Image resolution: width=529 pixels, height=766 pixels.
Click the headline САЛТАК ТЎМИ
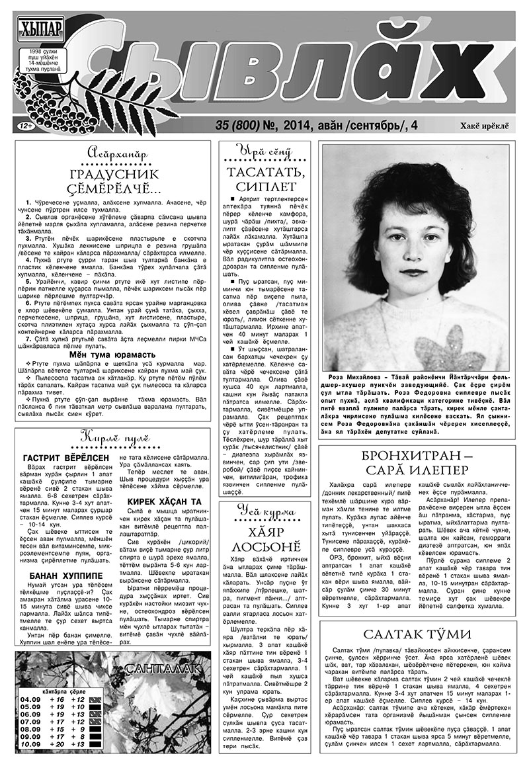(x=416, y=634)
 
